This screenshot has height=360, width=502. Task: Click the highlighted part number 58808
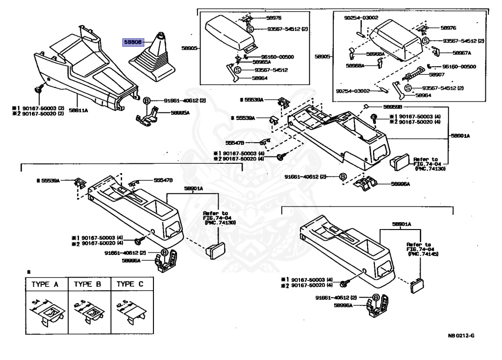coord(132,43)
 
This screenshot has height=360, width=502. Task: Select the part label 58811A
coord(78,111)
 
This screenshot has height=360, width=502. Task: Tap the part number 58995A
coord(180,112)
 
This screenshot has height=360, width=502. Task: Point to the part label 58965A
coord(261,62)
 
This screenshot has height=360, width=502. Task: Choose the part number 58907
coord(437,75)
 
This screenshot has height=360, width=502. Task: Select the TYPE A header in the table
coord(46,284)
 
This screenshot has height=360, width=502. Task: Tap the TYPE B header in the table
coord(88,284)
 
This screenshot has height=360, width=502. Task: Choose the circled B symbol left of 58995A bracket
coord(146,101)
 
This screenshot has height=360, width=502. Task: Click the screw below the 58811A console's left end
coord(39,90)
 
